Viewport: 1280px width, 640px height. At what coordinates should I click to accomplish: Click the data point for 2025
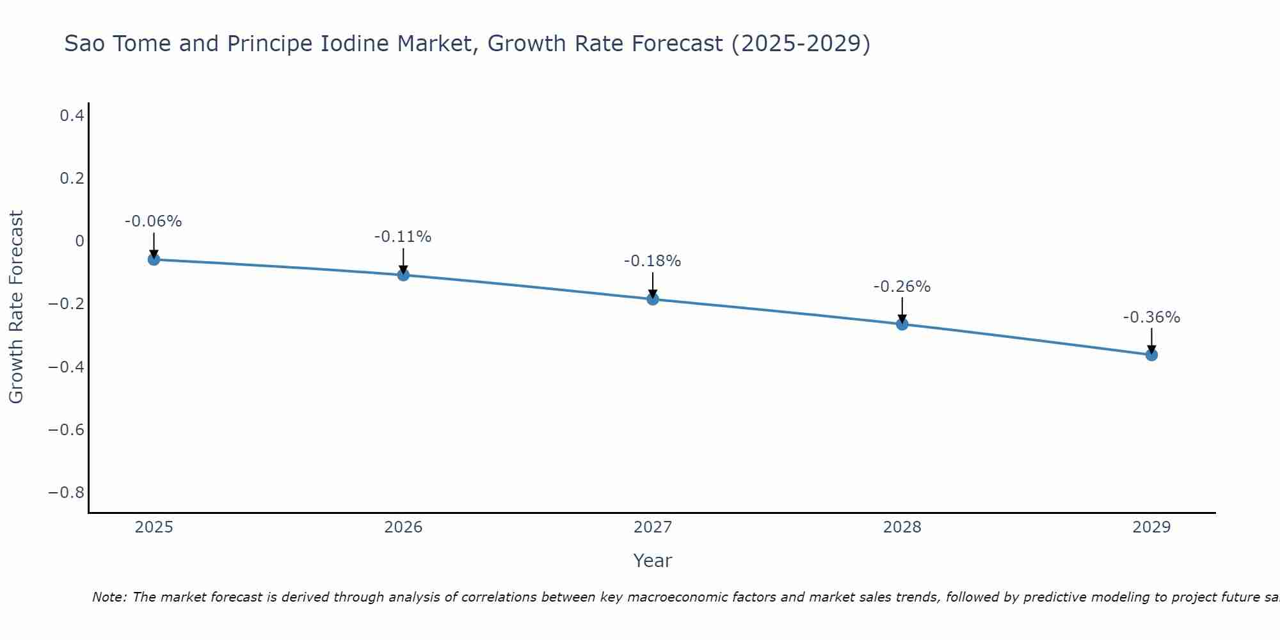click(x=154, y=259)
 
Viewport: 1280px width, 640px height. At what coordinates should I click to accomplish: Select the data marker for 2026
click(x=403, y=275)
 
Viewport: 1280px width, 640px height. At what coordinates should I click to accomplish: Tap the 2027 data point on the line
click(x=653, y=299)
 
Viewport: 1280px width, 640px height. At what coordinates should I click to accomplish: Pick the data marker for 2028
click(x=902, y=324)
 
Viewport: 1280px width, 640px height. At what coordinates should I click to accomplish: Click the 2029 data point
click(x=1151, y=355)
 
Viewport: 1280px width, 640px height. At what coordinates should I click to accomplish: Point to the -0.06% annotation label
click(x=153, y=221)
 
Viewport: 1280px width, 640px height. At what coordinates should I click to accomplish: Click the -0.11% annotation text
click(x=403, y=237)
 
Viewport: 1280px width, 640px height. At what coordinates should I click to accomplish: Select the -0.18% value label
click(x=652, y=261)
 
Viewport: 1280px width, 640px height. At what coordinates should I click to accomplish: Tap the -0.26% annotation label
click(x=902, y=287)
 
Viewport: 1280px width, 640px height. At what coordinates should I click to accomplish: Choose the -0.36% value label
click(x=1151, y=317)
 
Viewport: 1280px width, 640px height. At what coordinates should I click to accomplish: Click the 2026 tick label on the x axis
click(x=403, y=527)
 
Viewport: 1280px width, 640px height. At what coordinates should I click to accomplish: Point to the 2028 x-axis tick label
click(x=902, y=527)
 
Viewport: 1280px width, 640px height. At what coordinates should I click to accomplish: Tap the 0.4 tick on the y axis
click(x=72, y=116)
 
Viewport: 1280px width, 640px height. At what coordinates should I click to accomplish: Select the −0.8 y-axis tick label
click(x=67, y=493)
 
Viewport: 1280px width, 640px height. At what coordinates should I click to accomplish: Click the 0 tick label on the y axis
click(x=79, y=241)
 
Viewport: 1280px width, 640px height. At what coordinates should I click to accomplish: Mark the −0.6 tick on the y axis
click(x=67, y=429)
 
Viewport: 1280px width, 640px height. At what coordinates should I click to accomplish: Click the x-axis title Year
click(x=652, y=561)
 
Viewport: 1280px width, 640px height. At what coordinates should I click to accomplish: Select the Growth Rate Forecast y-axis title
click(x=17, y=307)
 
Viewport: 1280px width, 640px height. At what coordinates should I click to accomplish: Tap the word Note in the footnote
click(x=109, y=597)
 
